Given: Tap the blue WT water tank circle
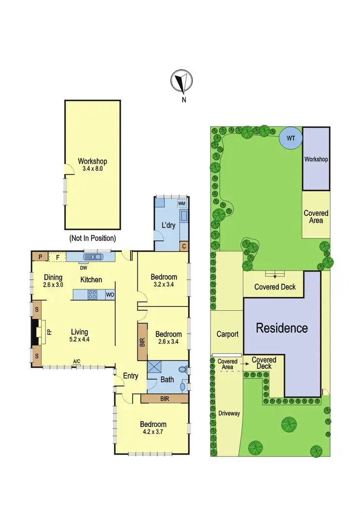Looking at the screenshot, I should (x=290, y=138).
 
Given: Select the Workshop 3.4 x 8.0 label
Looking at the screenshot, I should (x=92, y=165).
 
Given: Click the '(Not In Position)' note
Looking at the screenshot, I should (x=92, y=238).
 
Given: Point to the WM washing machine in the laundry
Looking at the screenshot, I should (x=182, y=204).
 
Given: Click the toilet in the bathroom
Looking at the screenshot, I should (x=182, y=370).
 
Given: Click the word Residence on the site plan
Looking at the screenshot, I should (x=282, y=328).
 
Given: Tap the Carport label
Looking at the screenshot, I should (x=227, y=334).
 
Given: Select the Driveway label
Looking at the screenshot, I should (x=229, y=413).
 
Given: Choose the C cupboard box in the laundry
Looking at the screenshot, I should (x=184, y=246).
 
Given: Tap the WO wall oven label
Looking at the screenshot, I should (x=110, y=294).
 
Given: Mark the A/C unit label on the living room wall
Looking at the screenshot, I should (x=76, y=361).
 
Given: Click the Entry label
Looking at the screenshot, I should (x=131, y=376).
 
